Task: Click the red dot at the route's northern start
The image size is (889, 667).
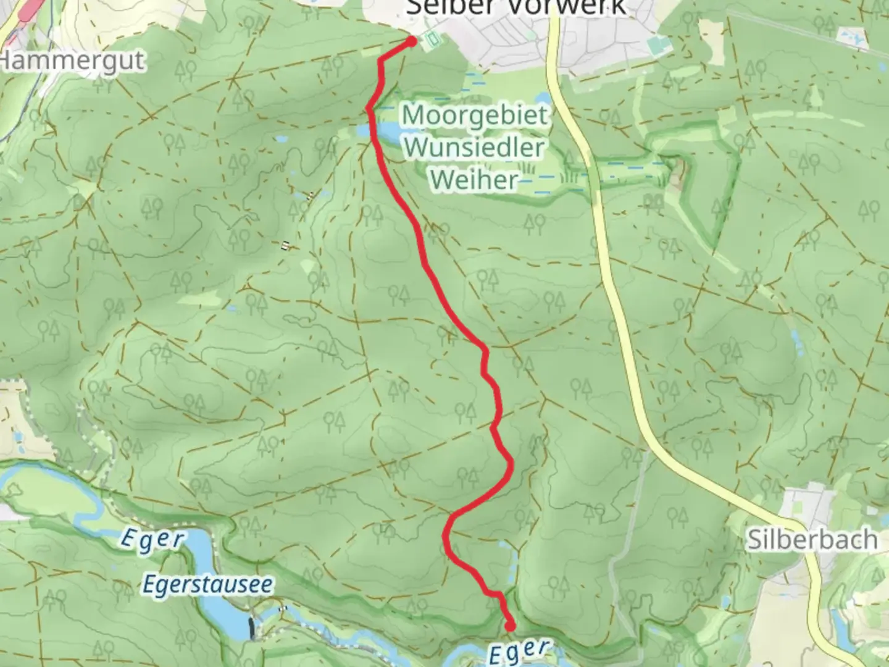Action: (x=411, y=41)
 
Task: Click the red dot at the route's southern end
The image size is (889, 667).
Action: (x=510, y=626)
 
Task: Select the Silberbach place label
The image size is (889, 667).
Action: (x=812, y=540)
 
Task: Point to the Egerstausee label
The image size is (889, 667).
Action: (x=207, y=584)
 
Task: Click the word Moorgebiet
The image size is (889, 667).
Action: (x=474, y=115)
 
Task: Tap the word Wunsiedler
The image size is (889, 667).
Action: (x=475, y=148)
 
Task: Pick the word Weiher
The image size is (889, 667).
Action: (x=474, y=180)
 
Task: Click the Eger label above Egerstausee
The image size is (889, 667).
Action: (x=152, y=539)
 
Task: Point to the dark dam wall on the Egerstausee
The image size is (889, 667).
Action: (x=251, y=628)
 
